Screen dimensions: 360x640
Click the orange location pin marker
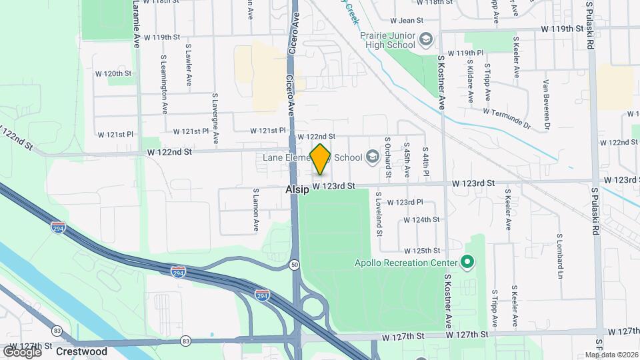(321, 159)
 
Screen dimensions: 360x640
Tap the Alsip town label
(297, 189)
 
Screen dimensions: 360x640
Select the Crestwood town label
(81, 351)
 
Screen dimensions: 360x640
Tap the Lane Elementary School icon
(372, 157)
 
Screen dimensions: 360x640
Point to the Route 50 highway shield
(294, 265)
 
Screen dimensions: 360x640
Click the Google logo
(23, 351)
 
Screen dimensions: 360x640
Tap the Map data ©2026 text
(612, 355)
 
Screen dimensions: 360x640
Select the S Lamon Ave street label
(255, 209)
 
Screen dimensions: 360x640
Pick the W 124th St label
(421, 219)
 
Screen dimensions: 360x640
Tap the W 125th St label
(423, 251)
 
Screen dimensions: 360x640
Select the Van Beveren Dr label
(546, 105)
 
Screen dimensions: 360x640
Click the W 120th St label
(114, 73)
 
